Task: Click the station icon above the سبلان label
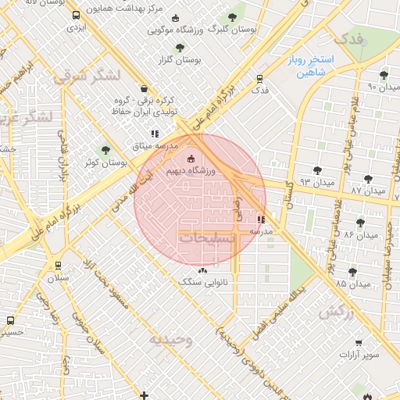coord(59,266)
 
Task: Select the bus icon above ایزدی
coord(76,16)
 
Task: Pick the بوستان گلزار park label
coord(180,59)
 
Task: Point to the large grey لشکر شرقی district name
coord(86,76)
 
